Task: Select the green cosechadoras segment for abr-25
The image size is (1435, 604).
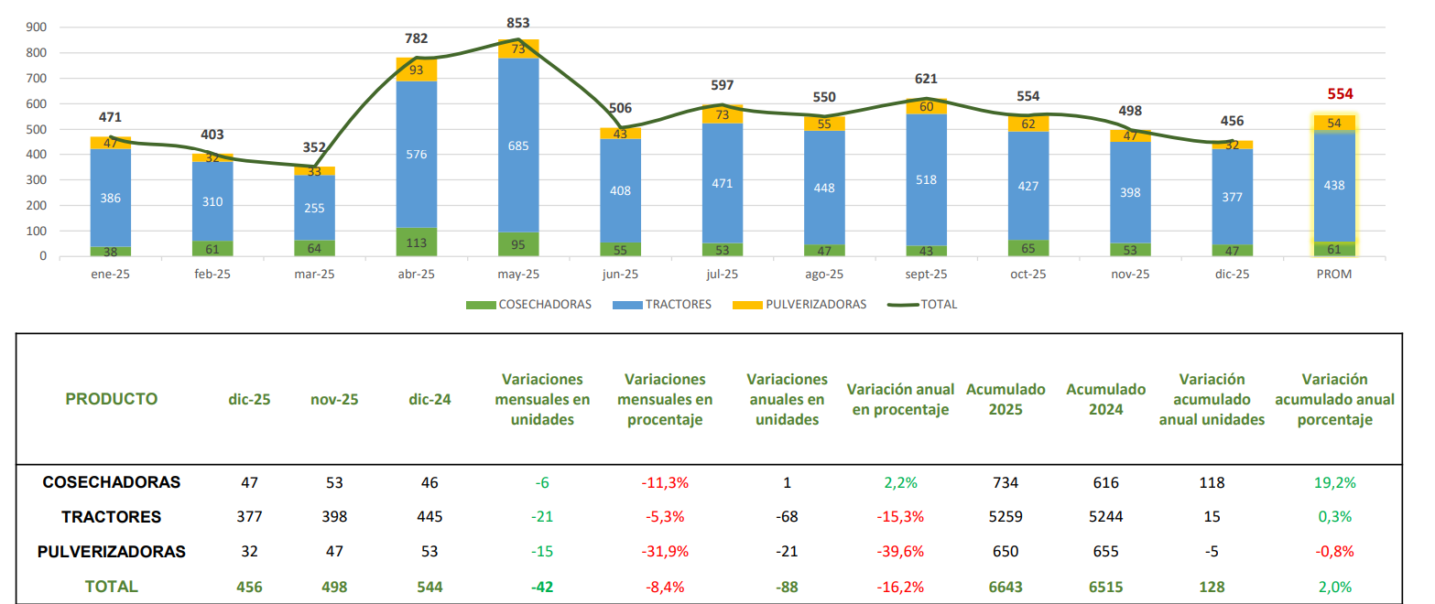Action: pos(417,242)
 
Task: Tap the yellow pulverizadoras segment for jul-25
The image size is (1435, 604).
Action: pos(723,114)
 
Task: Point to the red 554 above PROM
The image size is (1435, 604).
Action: pos(1340,93)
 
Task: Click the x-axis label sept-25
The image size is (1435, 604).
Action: pos(926,274)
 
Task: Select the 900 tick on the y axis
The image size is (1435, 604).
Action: pos(37,27)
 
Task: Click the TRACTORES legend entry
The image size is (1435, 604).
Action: pos(677,305)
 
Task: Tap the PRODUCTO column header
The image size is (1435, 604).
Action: pos(112,399)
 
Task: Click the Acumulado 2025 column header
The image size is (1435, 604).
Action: pos(1005,399)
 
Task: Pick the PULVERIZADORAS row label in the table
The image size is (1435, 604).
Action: pos(112,552)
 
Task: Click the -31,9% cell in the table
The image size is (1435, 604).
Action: pos(665,552)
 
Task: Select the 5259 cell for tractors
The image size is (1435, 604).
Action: pos(1005,517)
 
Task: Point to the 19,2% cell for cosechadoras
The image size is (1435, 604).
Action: pos(1336,482)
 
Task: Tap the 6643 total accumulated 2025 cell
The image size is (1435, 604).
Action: pos(1005,587)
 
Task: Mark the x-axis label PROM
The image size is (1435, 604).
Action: pos(1333,274)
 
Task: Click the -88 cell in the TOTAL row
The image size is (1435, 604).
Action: pos(787,587)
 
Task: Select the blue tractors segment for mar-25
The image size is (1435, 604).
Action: pos(314,208)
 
